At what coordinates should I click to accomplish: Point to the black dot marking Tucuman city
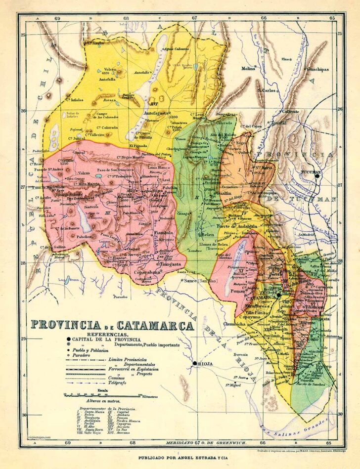click(317, 174)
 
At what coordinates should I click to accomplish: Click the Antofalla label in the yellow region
click(107, 79)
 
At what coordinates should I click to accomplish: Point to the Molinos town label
click(248, 69)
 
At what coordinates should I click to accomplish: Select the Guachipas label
click(317, 69)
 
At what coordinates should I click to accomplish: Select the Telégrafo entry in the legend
click(119, 382)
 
